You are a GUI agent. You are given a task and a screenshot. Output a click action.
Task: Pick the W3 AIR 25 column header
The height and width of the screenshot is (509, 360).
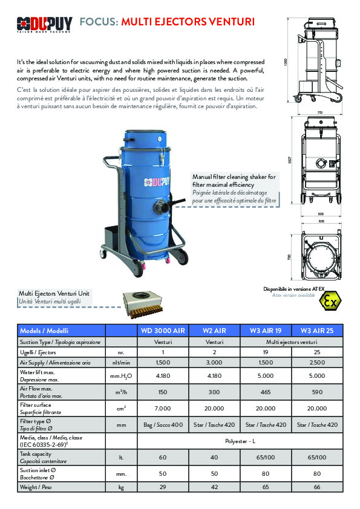(317, 331)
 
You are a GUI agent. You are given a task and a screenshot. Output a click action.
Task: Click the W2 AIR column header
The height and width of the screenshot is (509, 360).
(215, 331)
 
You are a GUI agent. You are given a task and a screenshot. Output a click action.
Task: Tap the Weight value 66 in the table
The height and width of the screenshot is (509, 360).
(317, 486)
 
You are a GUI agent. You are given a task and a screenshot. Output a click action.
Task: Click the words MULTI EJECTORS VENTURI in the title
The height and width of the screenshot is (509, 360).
(188, 22)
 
